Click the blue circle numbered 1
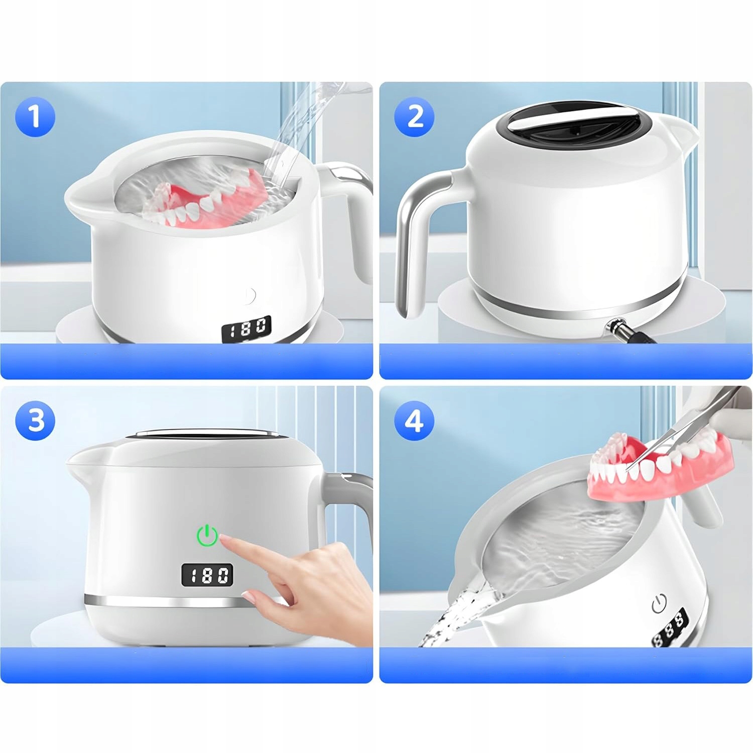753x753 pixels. [x=35, y=116]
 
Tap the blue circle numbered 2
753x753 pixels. [x=415, y=116]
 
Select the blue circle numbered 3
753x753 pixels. [x=36, y=420]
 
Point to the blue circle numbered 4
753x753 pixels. [x=414, y=420]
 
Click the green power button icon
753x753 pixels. [x=207, y=536]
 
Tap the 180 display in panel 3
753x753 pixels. [x=207, y=575]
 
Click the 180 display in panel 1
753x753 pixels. [x=246, y=329]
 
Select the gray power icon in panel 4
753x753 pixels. [x=659, y=603]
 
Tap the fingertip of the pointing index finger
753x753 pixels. [x=227, y=540]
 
